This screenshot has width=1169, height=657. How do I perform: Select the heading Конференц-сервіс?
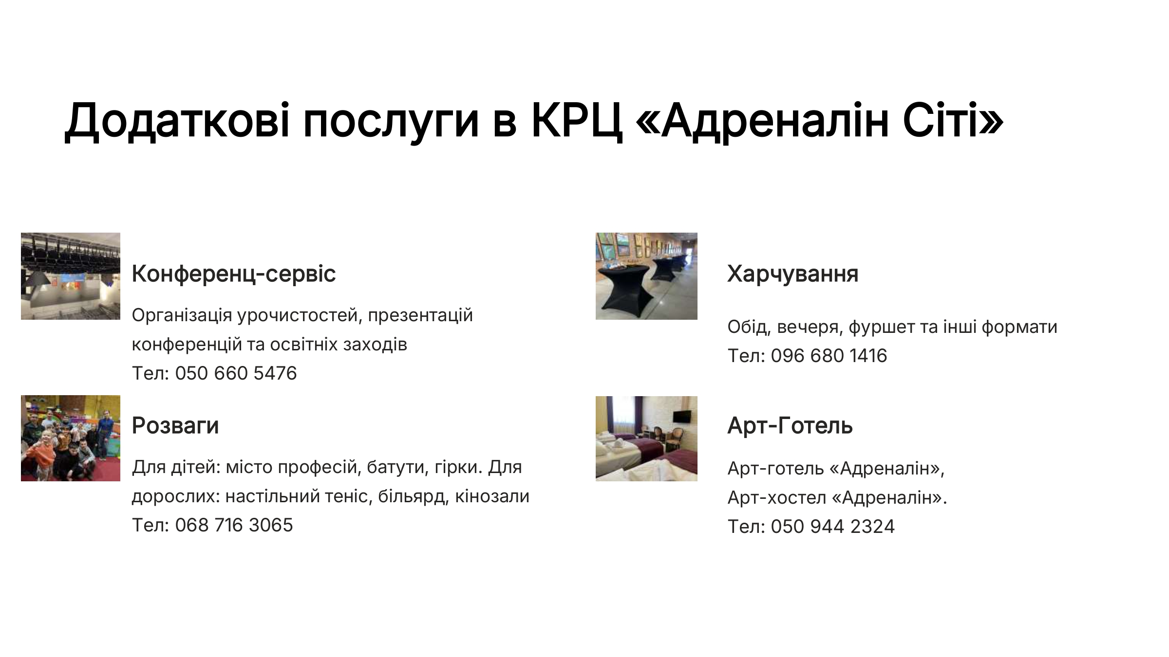[x=234, y=274]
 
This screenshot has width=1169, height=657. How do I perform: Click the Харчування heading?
[x=792, y=274]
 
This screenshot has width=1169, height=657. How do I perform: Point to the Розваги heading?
[x=175, y=425]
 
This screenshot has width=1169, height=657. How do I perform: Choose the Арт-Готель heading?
[x=790, y=425]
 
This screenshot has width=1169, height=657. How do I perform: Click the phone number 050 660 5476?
[x=236, y=373]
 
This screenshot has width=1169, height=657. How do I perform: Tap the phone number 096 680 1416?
[x=829, y=356]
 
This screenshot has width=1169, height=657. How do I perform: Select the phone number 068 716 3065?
[x=234, y=525]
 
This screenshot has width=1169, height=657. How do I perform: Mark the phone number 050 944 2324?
[x=833, y=527]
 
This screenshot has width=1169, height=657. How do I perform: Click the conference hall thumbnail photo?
[x=71, y=276]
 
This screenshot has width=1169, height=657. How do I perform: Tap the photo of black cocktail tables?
[x=646, y=276]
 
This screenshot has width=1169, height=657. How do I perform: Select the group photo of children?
[x=71, y=438]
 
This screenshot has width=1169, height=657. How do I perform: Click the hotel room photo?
[x=646, y=438]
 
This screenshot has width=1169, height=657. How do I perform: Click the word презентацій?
[x=420, y=315]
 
